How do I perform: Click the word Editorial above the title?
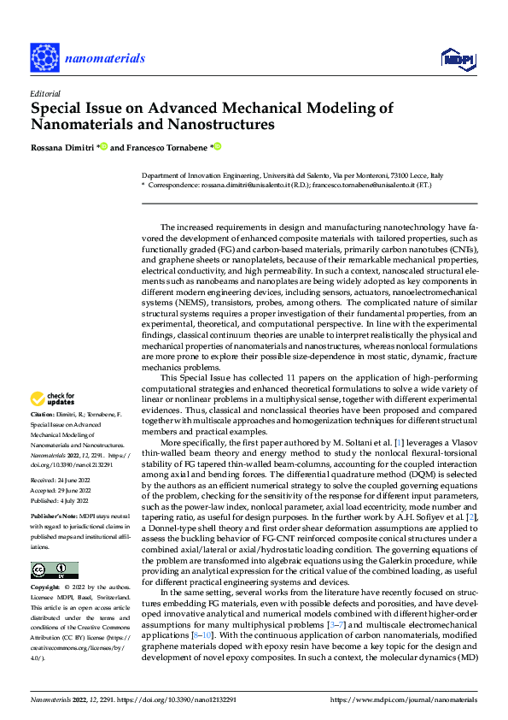point(44,92)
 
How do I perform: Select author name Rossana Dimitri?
point(63,147)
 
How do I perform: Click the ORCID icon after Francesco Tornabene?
point(217,146)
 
